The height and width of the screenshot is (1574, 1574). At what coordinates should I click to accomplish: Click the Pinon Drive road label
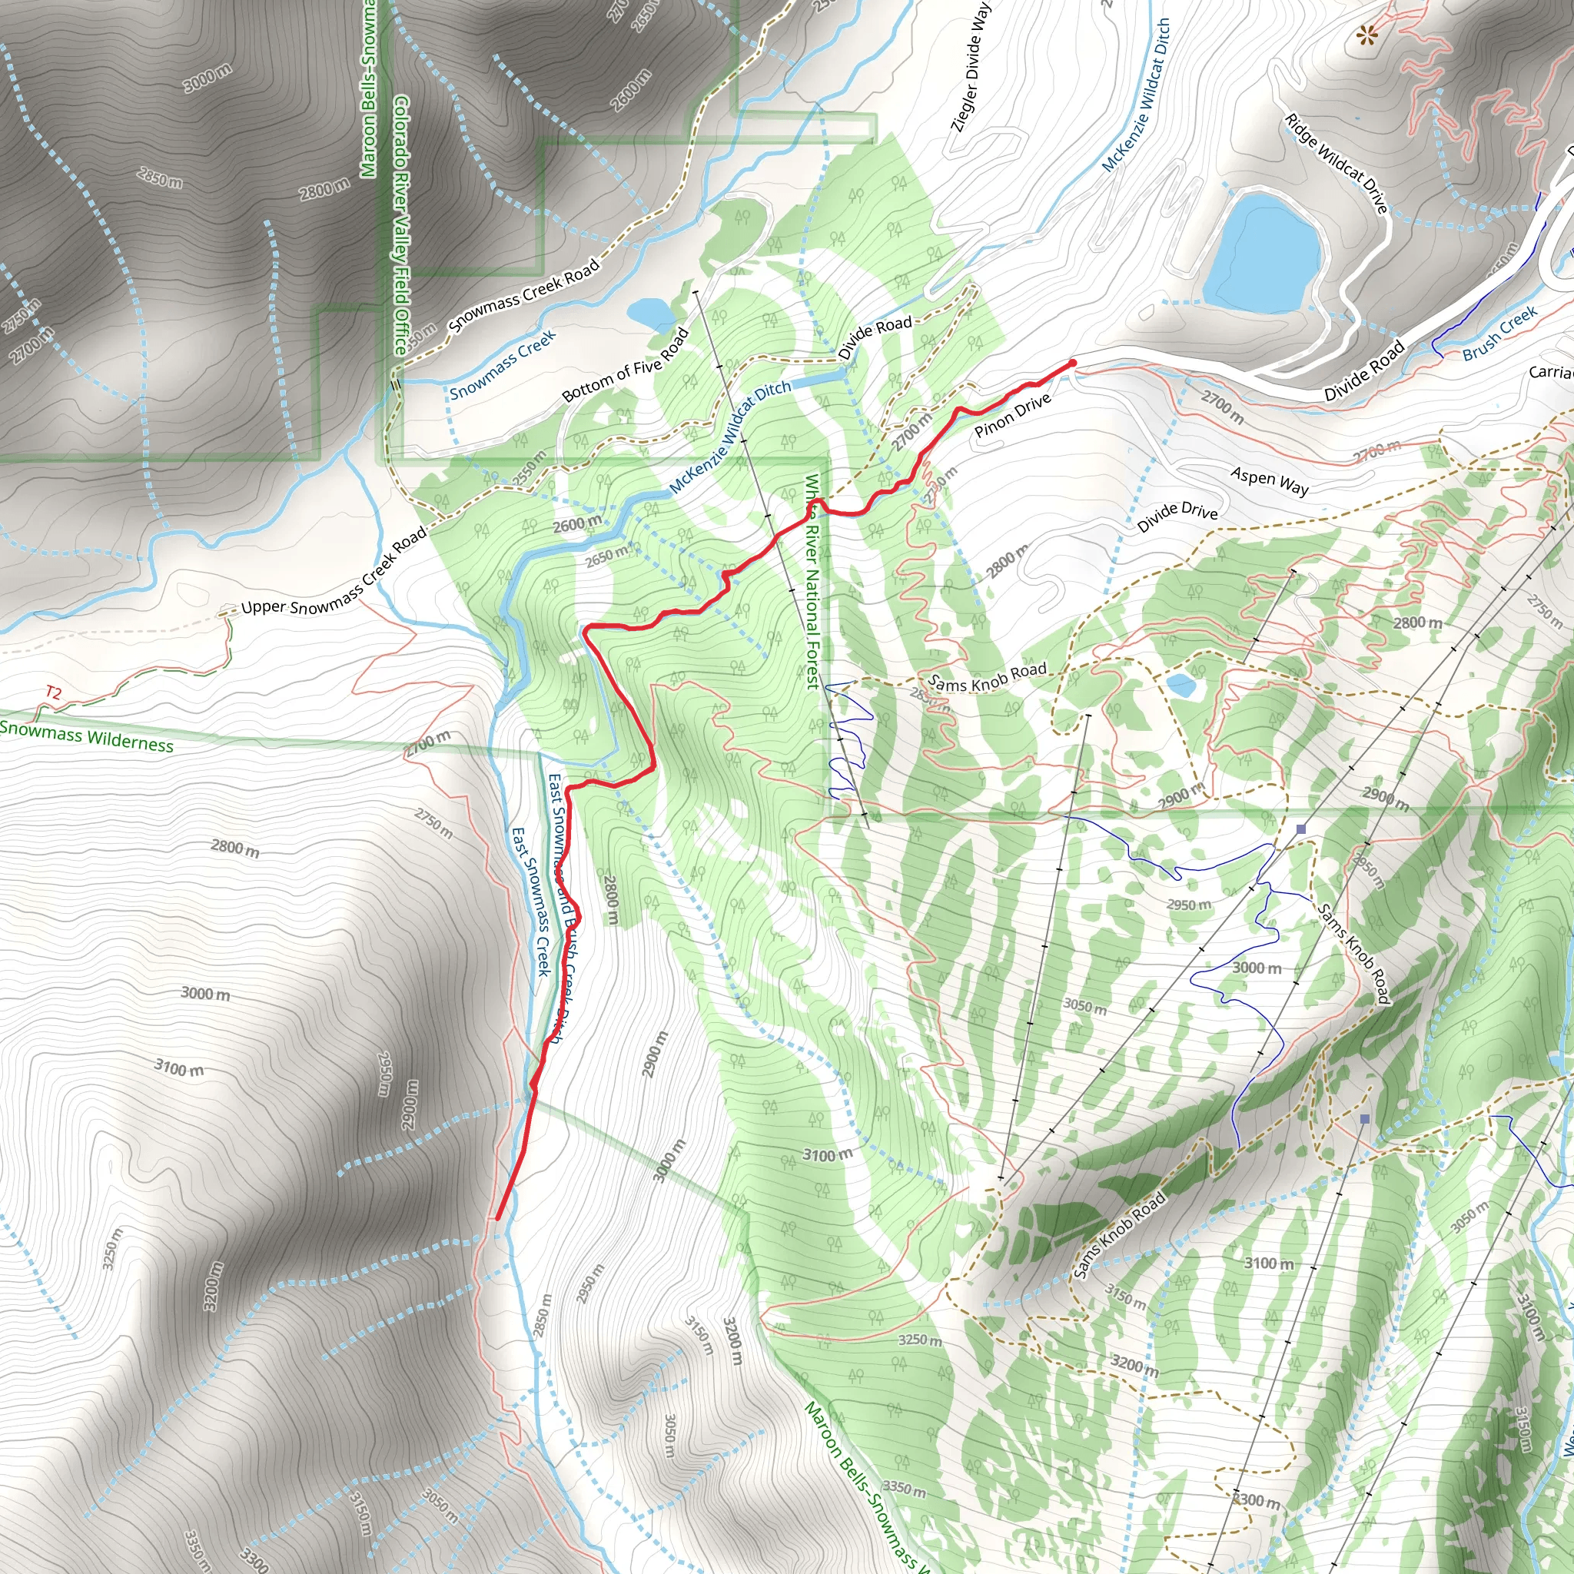[x=1013, y=416]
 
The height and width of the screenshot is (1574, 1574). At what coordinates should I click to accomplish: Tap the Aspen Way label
[x=1270, y=480]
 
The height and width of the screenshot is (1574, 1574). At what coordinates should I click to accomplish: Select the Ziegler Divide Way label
[x=971, y=67]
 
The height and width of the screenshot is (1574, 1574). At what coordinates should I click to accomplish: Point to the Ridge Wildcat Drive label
[x=1335, y=163]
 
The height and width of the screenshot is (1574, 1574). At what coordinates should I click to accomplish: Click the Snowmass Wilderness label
[x=86, y=735]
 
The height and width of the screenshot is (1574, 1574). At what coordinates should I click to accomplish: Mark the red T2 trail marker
[x=53, y=693]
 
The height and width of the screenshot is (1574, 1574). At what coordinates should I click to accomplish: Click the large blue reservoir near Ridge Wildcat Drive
[x=1261, y=254]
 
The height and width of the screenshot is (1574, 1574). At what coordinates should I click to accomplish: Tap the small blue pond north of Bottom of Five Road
[x=648, y=311]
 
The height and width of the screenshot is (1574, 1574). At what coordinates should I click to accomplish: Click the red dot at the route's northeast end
[x=1073, y=364]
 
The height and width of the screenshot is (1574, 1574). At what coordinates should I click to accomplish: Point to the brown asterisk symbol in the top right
[x=1366, y=35]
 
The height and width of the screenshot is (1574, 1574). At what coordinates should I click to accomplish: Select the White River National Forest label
[x=812, y=582]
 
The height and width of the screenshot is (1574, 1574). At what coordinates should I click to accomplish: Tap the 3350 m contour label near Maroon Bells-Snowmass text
[x=904, y=1489]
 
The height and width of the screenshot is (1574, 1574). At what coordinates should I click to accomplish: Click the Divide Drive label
[x=1177, y=516]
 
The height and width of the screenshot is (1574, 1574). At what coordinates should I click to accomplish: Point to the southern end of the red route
[x=497, y=1219]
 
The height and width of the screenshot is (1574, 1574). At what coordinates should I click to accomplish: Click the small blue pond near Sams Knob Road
[x=1180, y=685]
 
